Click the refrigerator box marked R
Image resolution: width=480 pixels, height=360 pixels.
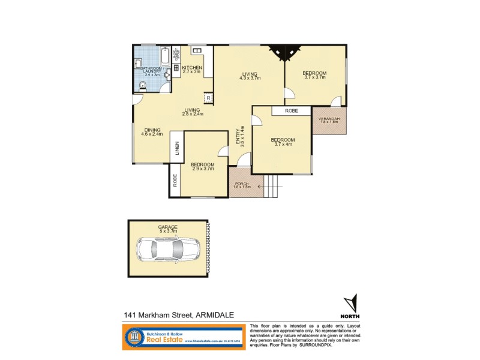pyautogui.click(x=208, y=97)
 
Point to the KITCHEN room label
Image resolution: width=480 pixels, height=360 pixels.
pyautogui.click(x=191, y=68)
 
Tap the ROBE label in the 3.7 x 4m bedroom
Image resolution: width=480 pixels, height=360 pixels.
pyautogui.click(x=292, y=111)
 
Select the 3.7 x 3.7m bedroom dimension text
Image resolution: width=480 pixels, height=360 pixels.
pyautogui.click(x=314, y=77)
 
